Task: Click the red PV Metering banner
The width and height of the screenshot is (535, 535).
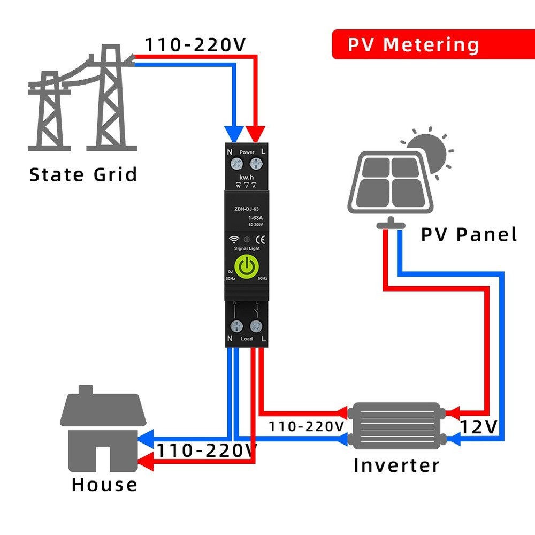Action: (x=414, y=44)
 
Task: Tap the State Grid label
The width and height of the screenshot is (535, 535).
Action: (x=83, y=175)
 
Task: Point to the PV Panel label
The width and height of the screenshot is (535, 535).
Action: (x=469, y=234)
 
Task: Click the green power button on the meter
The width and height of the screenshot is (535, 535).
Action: (x=247, y=266)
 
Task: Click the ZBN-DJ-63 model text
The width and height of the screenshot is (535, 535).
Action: (x=247, y=210)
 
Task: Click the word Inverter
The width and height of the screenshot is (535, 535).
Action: (x=396, y=465)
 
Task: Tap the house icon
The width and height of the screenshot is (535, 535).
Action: (x=103, y=431)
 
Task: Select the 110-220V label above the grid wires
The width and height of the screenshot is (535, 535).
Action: (x=195, y=45)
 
